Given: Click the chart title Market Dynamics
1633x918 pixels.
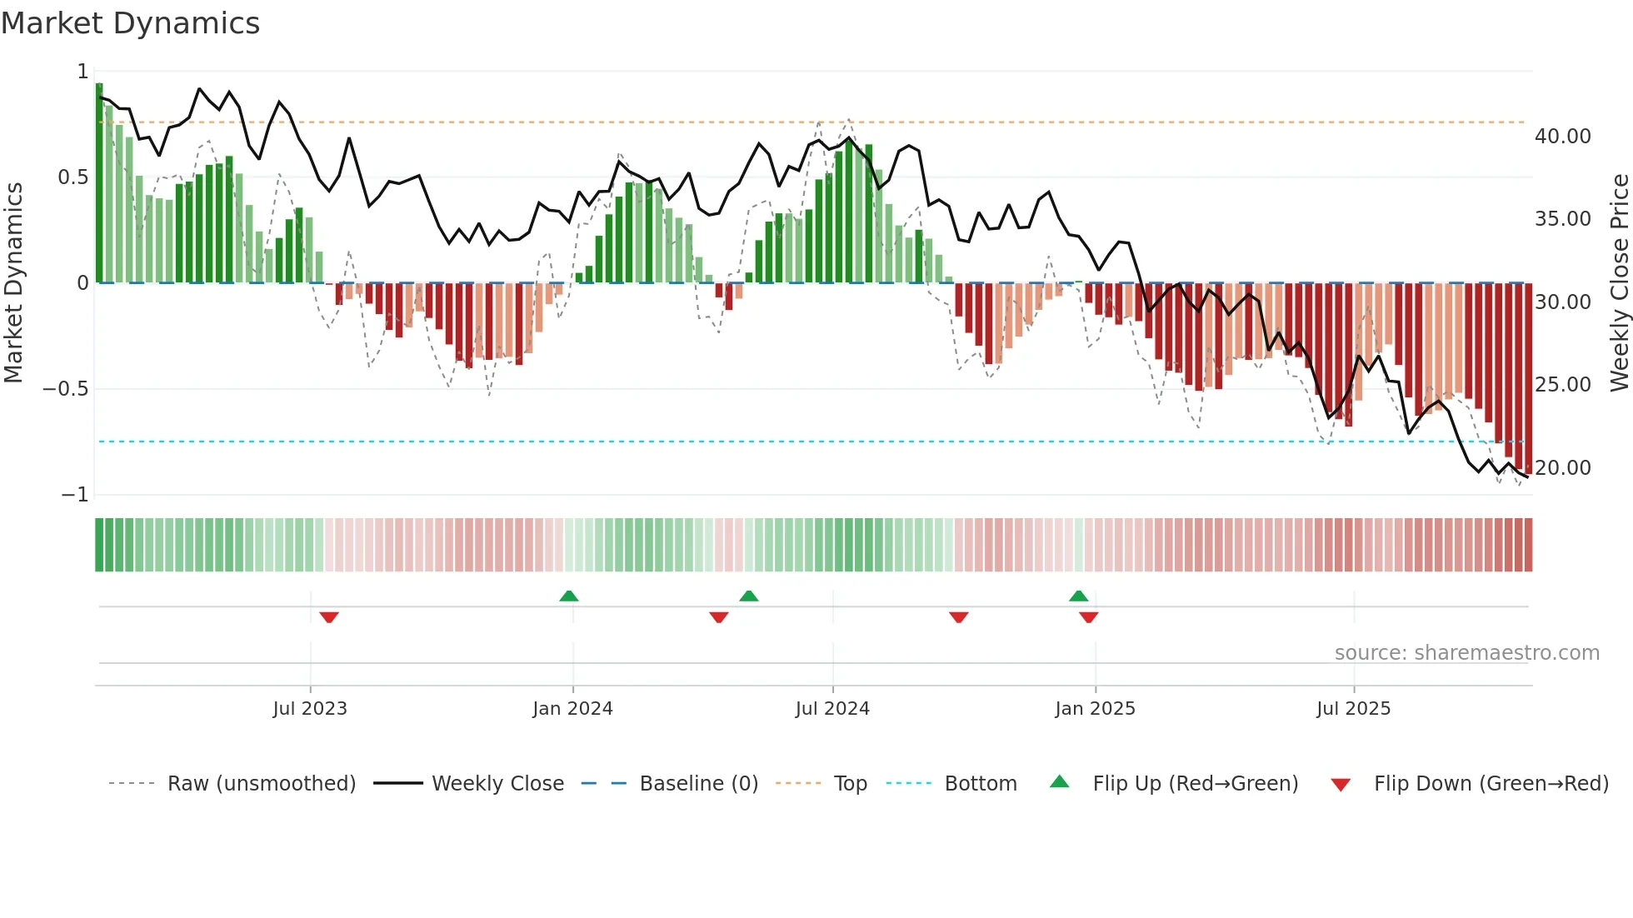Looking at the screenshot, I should pos(131,23).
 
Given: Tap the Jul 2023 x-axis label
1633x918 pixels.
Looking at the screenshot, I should pos(310,708).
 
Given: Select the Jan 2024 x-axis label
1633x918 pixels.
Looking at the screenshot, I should pos(572,708).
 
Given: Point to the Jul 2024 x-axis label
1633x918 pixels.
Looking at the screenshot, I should pos(832,708).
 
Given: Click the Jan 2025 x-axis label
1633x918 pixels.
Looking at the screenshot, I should pos(1095,708).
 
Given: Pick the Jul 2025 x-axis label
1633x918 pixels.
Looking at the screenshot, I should pos(1354,708).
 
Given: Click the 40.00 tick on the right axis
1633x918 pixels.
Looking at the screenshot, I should pos(1562,136).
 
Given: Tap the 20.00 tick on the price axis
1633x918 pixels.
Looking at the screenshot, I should pos(1562,467).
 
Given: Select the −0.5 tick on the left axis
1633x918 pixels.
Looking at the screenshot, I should pos(66,388).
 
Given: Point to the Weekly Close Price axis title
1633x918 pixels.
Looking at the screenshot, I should pos(1619,283).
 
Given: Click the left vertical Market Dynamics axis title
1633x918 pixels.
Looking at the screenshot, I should pos(13,283).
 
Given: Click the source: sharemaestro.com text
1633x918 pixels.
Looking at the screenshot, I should pos(1466,652).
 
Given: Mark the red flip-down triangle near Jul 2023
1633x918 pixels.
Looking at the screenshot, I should pos(329,617).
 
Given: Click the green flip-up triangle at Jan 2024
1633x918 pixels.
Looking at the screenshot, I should pos(569,596).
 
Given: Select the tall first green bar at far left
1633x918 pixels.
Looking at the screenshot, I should pos(99,183).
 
